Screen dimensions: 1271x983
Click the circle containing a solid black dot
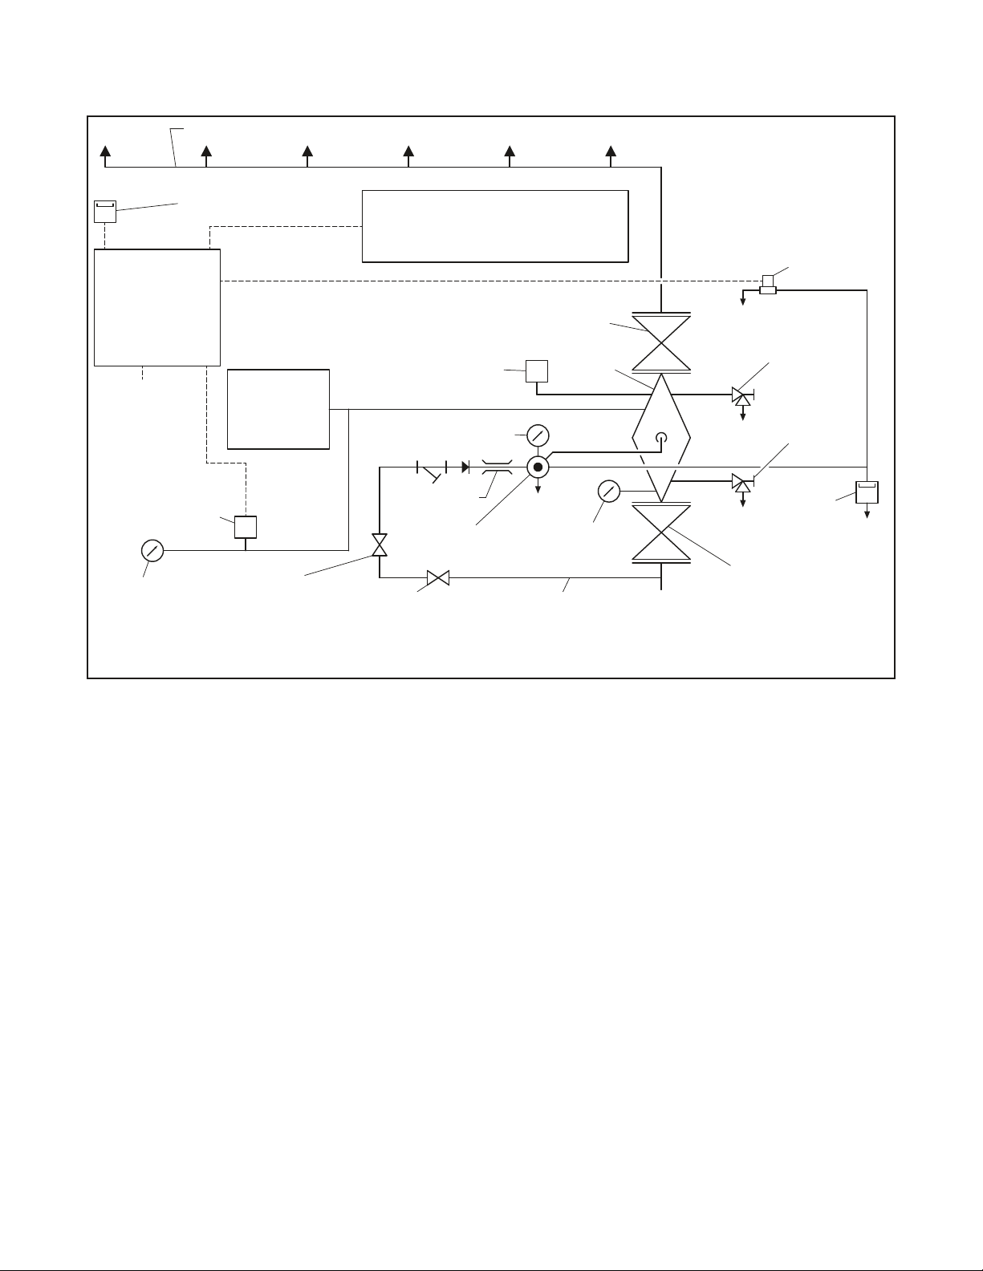pyautogui.click(x=538, y=467)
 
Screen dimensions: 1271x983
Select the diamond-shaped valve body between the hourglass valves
pyautogui.click(x=662, y=438)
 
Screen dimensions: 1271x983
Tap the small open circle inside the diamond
pyautogui.click(x=662, y=438)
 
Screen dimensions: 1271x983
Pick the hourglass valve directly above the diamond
pyautogui.click(x=661, y=343)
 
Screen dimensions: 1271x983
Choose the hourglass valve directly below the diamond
pyautogui.click(x=661, y=533)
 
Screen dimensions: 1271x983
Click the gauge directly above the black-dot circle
pyautogui.click(x=538, y=436)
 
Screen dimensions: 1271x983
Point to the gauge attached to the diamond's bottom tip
pyautogui.click(x=609, y=491)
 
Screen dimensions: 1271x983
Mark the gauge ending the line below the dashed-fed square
pyautogui.click(x=152, y=551)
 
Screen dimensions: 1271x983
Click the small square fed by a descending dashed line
pyautogui.click(x=245, y=527)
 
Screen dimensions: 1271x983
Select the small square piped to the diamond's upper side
pyautogui.click(x=536, y=371)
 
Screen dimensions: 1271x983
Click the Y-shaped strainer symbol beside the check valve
pyautogui.click(x=433, y=471)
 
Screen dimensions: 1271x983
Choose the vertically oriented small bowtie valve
pyautogui.click(x=380, y=545)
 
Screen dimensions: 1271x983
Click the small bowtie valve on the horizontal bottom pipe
pyautogui.click(x=438, y=577)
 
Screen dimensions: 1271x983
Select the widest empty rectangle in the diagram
pyautogui.click(x=494, y=226)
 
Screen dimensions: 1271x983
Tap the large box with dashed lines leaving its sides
pyautogui.click(x=157, y=308)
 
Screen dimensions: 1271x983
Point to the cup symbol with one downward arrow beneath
pyautogui.click(x=867, y=492)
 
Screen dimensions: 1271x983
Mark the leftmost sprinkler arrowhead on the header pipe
pyautogui.click(x=105, y=152)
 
